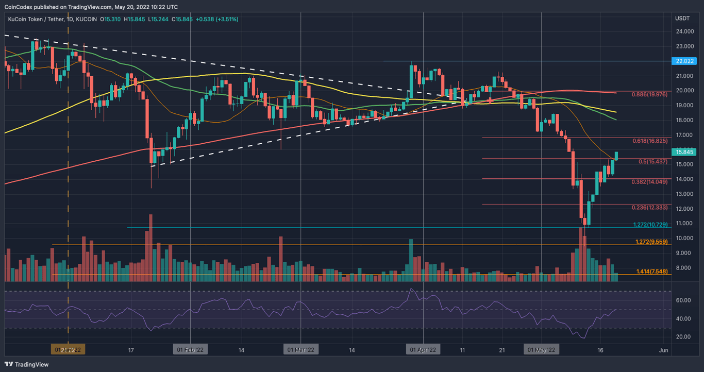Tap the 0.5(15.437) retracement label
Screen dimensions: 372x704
[x=653, y=161]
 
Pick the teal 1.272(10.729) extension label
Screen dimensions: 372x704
[x=650, y=225]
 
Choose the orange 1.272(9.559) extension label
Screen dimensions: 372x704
[x=652, y=242]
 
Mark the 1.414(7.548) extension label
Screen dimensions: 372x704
[x=652, y=271]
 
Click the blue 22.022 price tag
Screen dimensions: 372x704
[x=684, y=61]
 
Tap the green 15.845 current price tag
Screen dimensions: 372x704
[x=684, y=151]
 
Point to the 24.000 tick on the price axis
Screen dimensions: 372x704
[x=684, y=31]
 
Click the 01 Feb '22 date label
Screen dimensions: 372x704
[x=190, y=349]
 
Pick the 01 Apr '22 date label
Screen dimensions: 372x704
[x=423, y=349]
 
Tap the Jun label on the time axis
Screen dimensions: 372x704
[x=664, y=349]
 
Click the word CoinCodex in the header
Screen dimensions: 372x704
[x=19, y=7]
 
